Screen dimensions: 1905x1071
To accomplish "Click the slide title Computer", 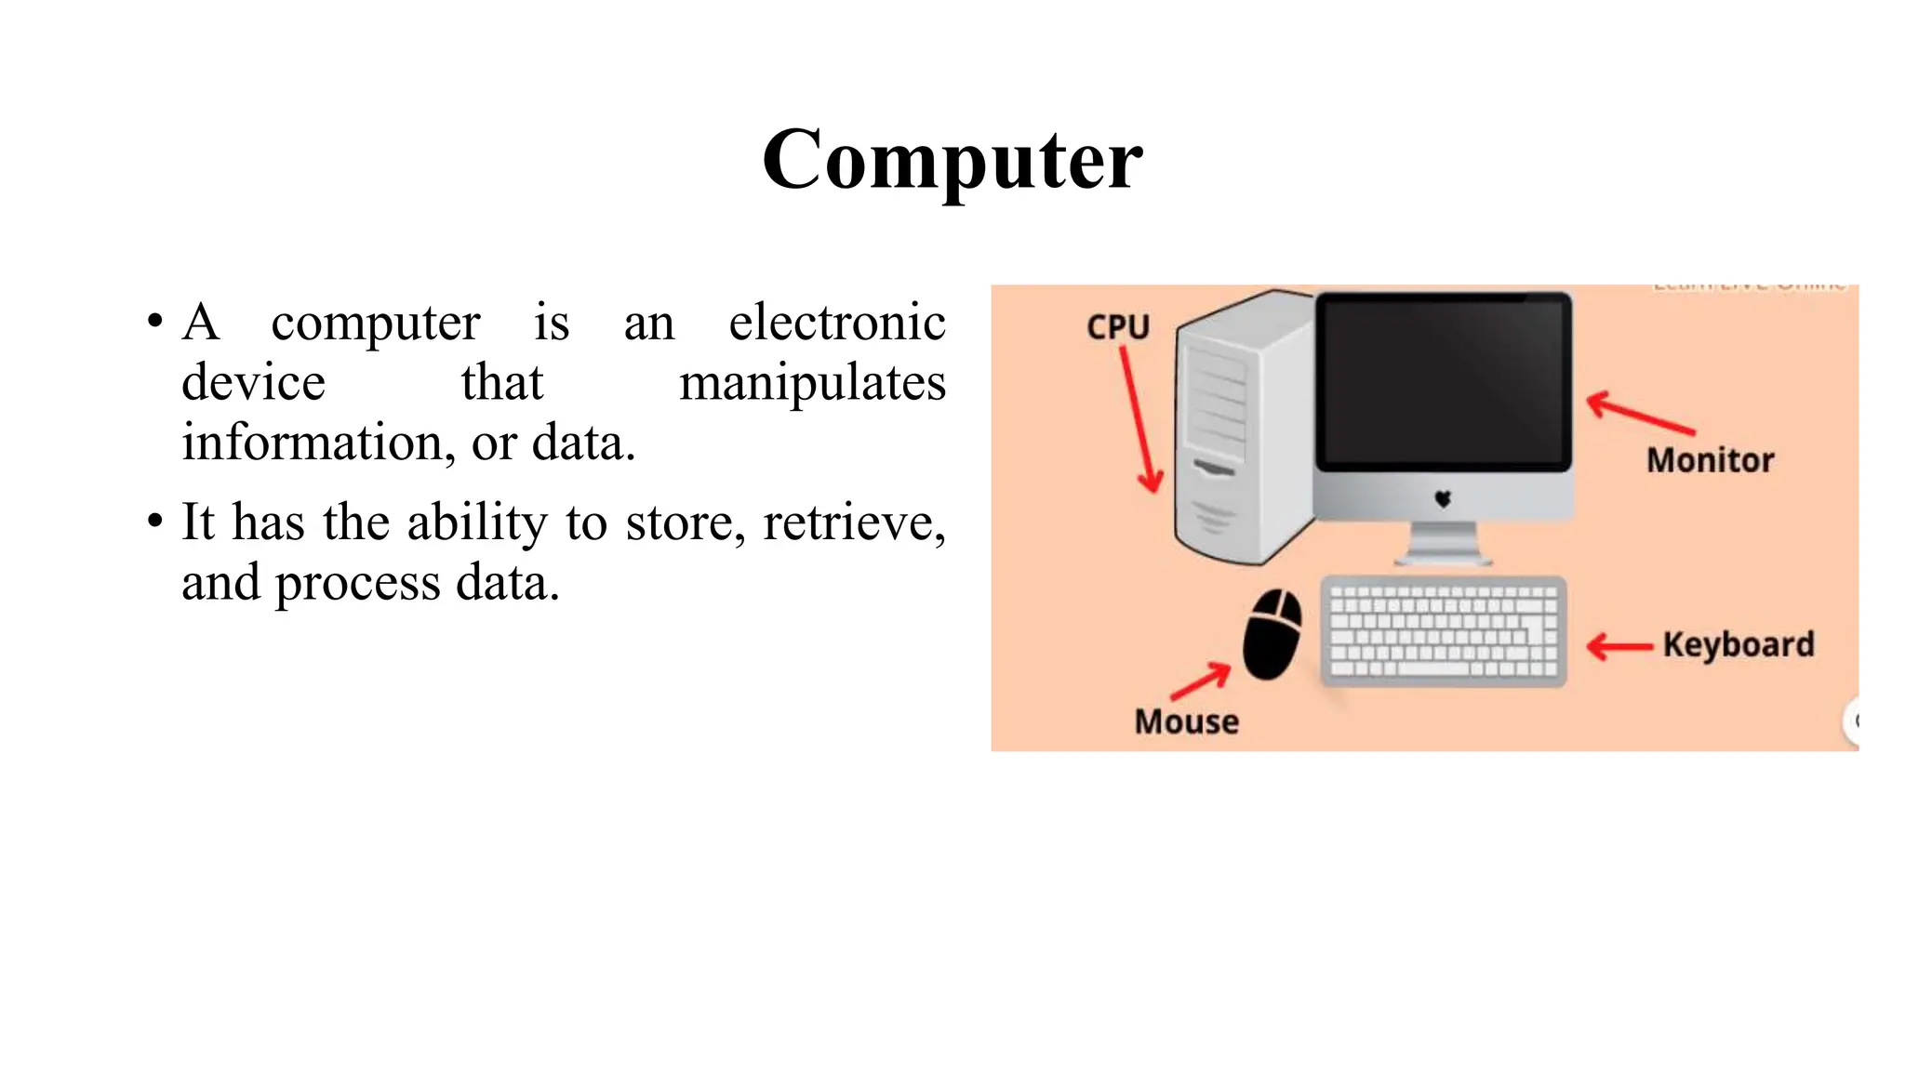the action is pos(952,160).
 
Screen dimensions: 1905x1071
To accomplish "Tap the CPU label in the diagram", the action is pos(1118,327).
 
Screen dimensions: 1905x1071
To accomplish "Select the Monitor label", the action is pos(1710,460).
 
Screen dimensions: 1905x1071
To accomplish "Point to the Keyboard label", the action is pos(1738,644).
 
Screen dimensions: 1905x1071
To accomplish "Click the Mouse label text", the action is pos(1186,721).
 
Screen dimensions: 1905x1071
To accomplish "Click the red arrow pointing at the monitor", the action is pos(1639,414).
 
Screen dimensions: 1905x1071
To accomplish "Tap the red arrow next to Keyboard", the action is pos(1619,646).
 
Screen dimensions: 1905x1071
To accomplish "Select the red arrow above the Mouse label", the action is pos(1201,681).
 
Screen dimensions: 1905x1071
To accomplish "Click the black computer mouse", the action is pos(1272,634).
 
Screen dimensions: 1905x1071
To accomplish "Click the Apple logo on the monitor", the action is pos(1443,499).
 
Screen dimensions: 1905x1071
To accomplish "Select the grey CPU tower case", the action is pos(1237,428).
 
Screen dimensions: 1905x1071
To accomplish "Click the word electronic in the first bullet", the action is pos(836,323).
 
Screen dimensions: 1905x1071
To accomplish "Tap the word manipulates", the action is pos(812,382).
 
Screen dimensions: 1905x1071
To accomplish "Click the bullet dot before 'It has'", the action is pos(155,522).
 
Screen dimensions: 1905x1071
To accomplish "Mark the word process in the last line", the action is pos(357,583).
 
